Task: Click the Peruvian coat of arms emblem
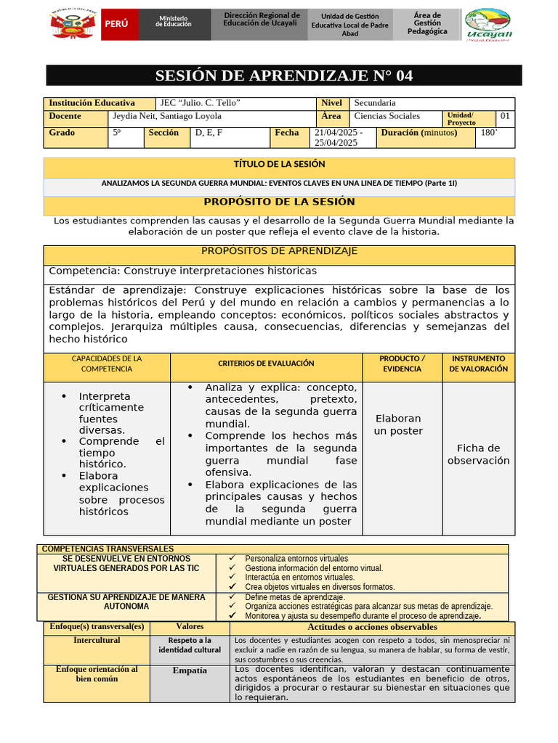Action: coord(70,25)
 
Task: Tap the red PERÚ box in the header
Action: coord(116,24)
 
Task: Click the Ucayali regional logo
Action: coord(488,25)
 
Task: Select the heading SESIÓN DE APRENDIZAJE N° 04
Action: coord(284,76)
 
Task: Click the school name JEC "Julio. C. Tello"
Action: coord(201,103)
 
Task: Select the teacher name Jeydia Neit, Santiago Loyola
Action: coord(167,116)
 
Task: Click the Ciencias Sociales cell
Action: coord(387,116)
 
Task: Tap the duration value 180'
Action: coord(489,133)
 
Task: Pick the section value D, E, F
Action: coord(209,133)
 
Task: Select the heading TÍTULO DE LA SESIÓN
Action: coord(279,165)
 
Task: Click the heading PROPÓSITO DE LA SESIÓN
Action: coord(279,202)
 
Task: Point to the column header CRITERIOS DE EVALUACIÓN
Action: coord(266,363)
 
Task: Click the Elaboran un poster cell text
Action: coord(398,424)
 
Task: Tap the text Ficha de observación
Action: coord(478,454)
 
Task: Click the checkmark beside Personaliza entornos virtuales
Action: coord(232,559)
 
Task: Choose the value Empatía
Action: coord(190,671)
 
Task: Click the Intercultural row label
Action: coord(97,641)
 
